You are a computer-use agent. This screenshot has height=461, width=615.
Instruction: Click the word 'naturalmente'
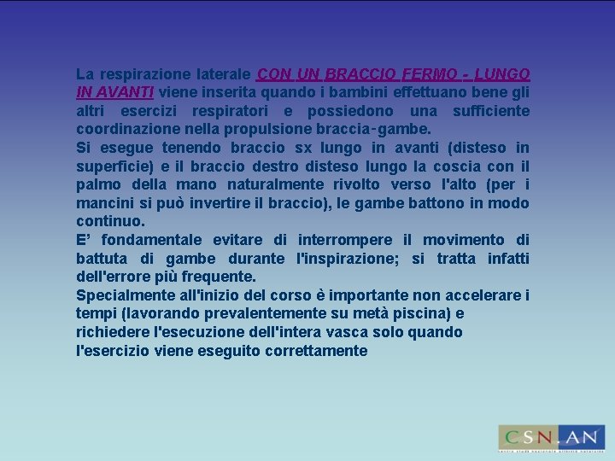click(279, 184)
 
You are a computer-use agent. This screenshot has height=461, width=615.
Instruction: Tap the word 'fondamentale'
click(147, 240)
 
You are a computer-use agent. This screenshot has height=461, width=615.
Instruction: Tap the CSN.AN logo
click(551, 437)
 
